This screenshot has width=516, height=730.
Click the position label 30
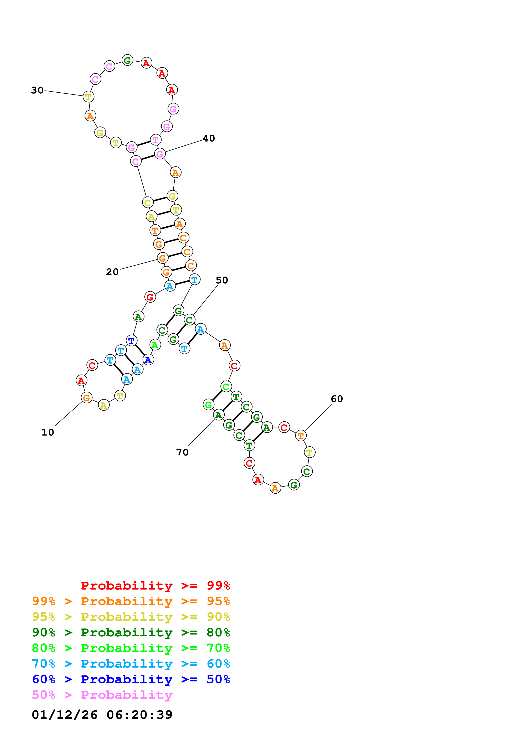pos(37,90)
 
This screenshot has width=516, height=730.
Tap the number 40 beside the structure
pos(209,138)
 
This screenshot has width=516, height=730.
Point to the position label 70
pos(182,452)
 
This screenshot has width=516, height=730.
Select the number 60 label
pos(337,399)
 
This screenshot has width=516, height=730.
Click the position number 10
pos(48,432)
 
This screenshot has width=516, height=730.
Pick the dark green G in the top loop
pos(127,60)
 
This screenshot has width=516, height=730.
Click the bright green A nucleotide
pos(155,345)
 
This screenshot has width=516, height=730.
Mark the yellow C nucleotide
pos(148,202)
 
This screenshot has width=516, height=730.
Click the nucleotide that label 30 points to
pos(88,96)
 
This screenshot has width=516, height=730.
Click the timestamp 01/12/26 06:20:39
pos(102,715)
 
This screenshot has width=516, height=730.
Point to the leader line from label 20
pos(138,264)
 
